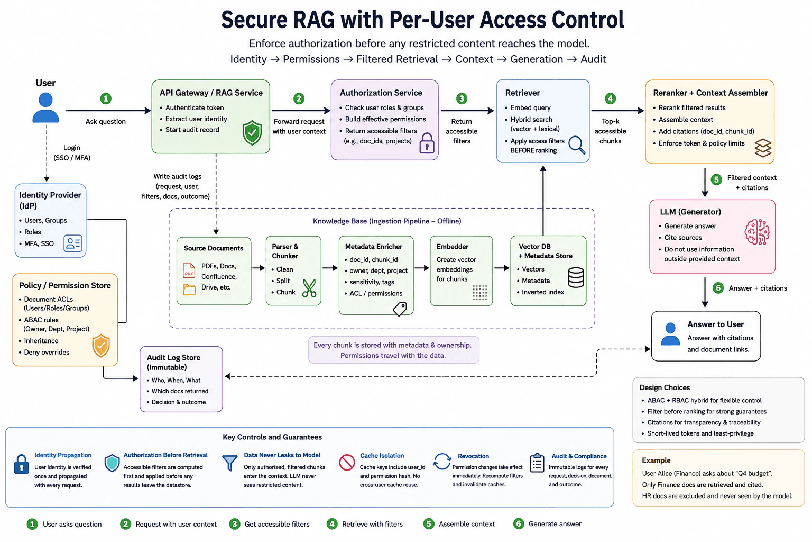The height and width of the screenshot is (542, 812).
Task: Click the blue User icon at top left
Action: pyautogui.click(x=45, y=107)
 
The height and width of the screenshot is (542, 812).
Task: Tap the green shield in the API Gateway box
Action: pyautogui.click(x=252, y=133)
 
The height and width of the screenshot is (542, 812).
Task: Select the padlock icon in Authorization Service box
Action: pyautogui.click(x=427, y=143)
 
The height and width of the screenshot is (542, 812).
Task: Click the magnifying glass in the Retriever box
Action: pyautogui.click(x=577, y=145)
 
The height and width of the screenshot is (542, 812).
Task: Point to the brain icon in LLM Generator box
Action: pyautogui.click(x=757, y=232)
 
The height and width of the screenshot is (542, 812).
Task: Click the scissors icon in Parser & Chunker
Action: pyautogui.click(x=309, y=288)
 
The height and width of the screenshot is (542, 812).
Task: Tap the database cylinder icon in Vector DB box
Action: pyautogui.click(x=576, y=277)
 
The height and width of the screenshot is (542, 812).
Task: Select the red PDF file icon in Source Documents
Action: pyautogui.click(x=189, y=270)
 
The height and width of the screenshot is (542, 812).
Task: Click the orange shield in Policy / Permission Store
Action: pyautogui.click(x=101, y=345)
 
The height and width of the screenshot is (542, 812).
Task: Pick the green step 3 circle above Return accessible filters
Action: pyautogui.click(x=462, y=98)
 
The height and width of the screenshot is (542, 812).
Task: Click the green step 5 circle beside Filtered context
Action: pyautogui.click(x=716, y=179)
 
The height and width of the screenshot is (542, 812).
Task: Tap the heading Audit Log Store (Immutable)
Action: pyautogui.click(x=173, y=362)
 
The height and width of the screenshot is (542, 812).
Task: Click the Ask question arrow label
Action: pyautogui.click(x=106, y=121)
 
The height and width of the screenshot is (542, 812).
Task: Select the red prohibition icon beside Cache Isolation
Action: pyautogui.click(x=347, y=462)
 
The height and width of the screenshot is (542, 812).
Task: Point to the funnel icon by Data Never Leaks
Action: pyautogui.click(x=230, y=463)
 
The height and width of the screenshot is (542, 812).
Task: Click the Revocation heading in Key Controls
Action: pyautogui.click(x=473, y=456)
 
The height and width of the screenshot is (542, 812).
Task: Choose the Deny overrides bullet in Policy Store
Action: pyautogui.click(x=47, y=352)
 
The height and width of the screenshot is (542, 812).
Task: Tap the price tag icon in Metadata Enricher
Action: pyautogui.click(x=400, y=309)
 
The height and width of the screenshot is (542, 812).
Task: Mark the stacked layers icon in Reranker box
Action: pyautogui.click(x=763, y=148)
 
